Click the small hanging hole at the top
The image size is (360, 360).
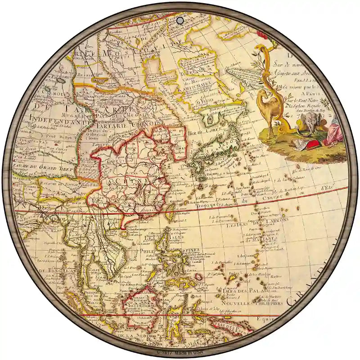click(180, 21)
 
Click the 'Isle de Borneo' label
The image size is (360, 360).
click(143, 306)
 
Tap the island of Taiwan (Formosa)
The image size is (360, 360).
click(171, 211)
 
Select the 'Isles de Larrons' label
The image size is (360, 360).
click(252, 224)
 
